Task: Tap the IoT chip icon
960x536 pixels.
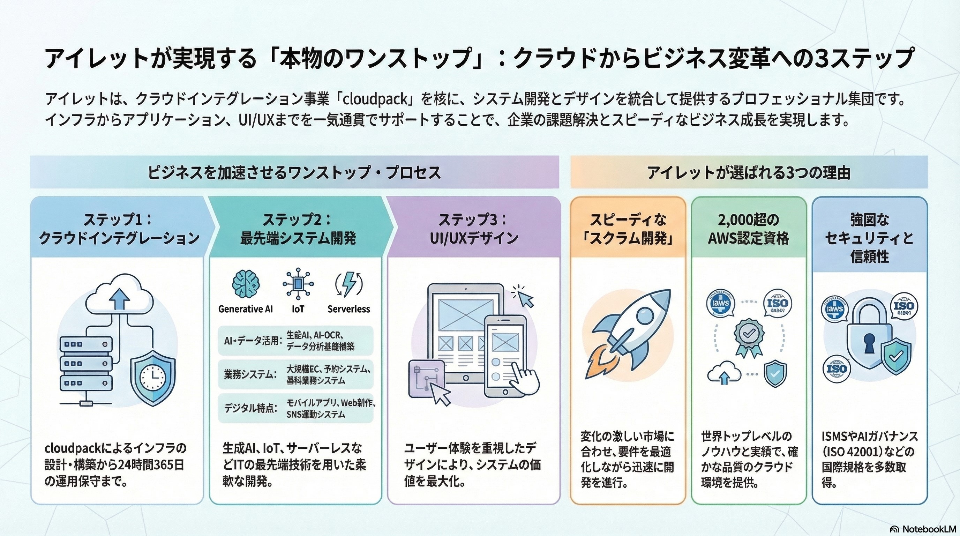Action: click(298, 284)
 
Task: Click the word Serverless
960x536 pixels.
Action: click(349, 309)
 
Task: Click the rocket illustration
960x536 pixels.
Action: click(629, 332)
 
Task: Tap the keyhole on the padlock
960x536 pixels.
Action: click(869, 343)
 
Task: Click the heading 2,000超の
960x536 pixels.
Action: click(748, 219)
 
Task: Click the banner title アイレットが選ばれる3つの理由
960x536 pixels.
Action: click(749, 173)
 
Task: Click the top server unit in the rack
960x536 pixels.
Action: click(86, 344)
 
